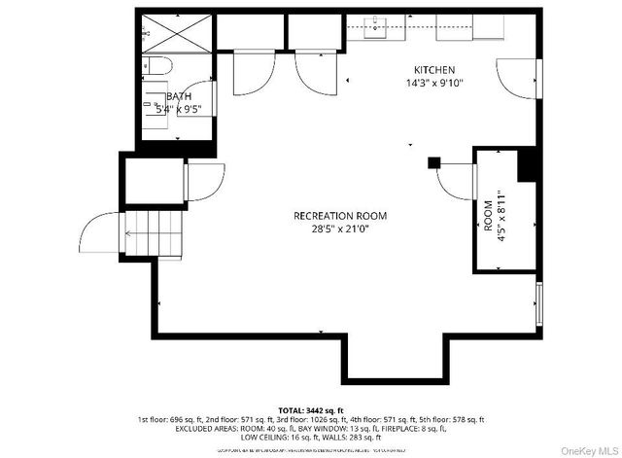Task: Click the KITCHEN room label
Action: [434, 70]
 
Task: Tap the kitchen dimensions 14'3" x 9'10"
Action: [434, 83]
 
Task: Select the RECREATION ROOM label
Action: [340, 216]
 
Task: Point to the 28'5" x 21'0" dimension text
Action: [340, 229]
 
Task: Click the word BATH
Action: [180, 96]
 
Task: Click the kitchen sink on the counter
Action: [376, 26]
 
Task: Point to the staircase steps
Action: [137, 235]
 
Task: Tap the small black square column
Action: [434, 162]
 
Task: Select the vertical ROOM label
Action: [488, 214]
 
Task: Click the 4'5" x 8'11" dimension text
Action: [501, 214]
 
